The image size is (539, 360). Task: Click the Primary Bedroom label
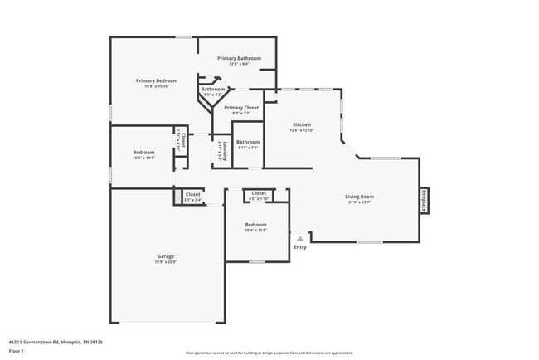tap(157, 80)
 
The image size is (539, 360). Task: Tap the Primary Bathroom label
tap(239, 58)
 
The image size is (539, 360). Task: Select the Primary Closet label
tap(241, 108)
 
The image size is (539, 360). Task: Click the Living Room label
tap(360, 197)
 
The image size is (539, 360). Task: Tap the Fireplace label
tap(424, 201)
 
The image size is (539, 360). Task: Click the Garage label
tap(166, 256)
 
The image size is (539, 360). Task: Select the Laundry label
tap(224, 151)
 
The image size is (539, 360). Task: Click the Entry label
tap(300, 246)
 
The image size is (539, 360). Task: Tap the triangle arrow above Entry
tap(300, 238)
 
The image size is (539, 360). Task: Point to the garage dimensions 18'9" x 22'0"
tap(166, 262)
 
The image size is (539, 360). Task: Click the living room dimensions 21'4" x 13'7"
tap(360, 202)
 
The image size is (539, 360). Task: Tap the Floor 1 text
tap(17, 350)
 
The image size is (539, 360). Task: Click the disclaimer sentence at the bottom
tap(269, 353)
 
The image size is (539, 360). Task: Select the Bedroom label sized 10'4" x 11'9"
tap(255, 225)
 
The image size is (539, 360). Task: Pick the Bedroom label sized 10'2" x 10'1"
tap(144, 153)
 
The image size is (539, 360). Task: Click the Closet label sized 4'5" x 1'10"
tap(259, 192)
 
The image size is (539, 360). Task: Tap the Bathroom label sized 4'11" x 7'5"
tap(248, 142)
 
